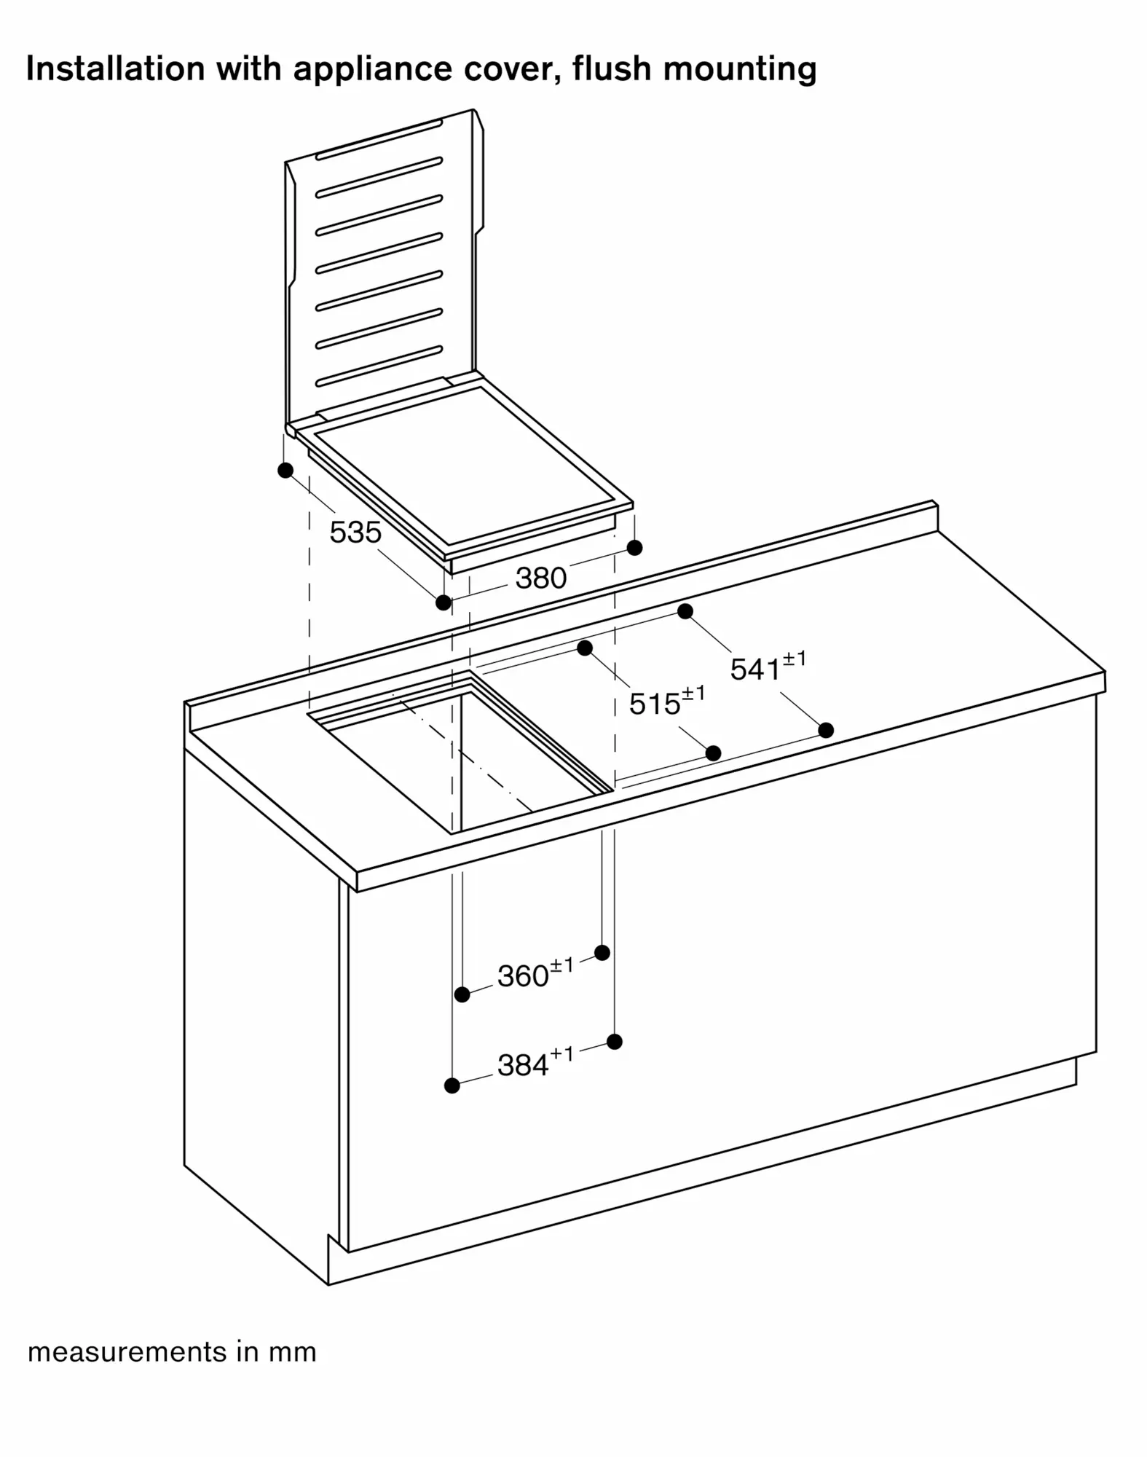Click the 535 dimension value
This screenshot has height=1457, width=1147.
click(355, 533)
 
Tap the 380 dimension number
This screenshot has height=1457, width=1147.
click(540, 578)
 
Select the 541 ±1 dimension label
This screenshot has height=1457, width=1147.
click(768, 667)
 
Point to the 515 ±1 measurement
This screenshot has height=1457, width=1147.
click(666, 702)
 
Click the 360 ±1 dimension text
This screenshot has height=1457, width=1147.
click(535, 974)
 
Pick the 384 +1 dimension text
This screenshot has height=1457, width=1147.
click(535, 1064)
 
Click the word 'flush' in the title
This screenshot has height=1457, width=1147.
click(611, 68)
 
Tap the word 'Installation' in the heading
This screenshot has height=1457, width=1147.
click(115, 68)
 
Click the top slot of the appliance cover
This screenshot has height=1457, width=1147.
click(379, 139)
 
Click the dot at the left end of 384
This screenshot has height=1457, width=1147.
click(452, 1085)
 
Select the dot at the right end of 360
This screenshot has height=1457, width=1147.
click(602, 952)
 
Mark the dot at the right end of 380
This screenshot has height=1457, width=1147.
click(634, 547)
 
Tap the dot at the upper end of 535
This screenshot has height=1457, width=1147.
click(285, 470)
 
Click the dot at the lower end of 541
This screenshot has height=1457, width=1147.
click(826, 729)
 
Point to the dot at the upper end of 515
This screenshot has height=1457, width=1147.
click(585, 648)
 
